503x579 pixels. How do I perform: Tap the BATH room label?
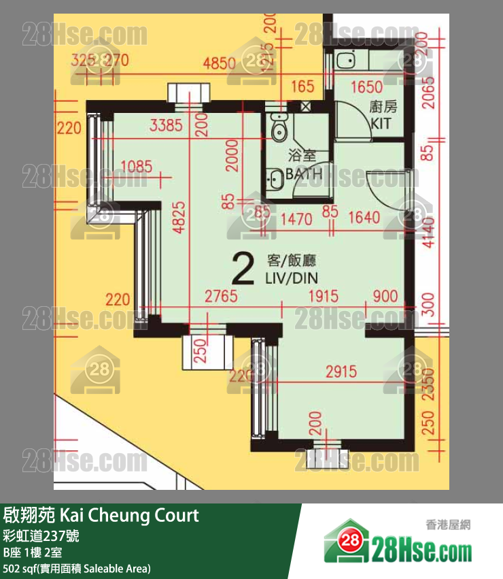pos(304,174)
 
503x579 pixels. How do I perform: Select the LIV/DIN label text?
pos(292,278)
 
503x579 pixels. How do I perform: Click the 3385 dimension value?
pos(166,125)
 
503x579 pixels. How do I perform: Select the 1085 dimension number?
pos(136,166)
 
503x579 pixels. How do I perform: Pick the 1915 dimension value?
pos(323,297)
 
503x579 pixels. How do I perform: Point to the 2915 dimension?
pos(341,372)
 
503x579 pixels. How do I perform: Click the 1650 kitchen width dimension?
pos(367,87)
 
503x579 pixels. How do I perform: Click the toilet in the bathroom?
pos(279,128)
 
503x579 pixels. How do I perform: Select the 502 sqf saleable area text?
pos(76,568)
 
